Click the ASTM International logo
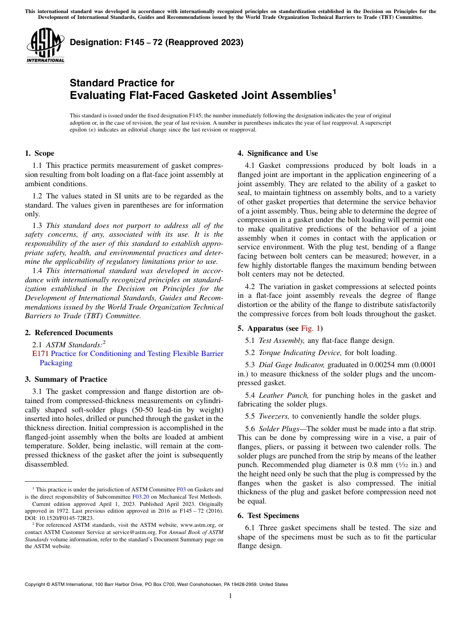pos(45,46)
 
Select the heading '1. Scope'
pos(39,153)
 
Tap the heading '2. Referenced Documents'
pos(68,333)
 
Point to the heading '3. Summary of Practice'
pos(66,379)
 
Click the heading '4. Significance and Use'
pos(278,153)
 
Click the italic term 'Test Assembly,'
pos(281,341)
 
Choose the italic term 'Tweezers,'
pos(274,416)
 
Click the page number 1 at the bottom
pos(230,596)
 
